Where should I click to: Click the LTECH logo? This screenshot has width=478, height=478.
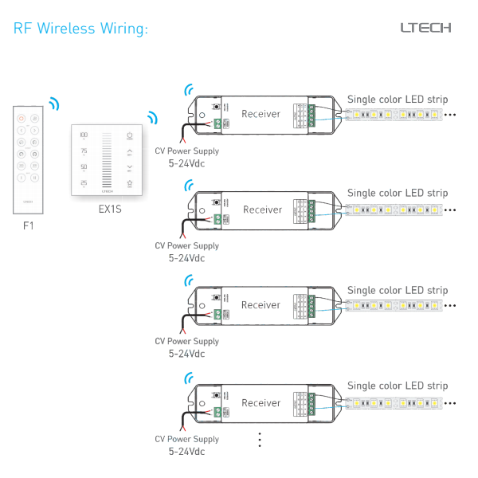425,28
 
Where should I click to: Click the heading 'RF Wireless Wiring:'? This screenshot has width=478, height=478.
80,29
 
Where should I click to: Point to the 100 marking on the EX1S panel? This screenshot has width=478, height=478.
84,135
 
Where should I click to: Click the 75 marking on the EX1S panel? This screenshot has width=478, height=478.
84,151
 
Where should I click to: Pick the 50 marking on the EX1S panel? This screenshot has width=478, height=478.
84,167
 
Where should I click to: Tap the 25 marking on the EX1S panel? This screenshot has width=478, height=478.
84,182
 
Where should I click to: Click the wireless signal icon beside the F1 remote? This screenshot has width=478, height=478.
53,104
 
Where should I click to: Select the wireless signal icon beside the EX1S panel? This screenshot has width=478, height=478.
151,117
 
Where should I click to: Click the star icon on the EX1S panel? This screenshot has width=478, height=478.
129,183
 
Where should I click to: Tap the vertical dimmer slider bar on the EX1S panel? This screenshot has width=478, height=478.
107,159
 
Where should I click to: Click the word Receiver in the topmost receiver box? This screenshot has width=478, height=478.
261,114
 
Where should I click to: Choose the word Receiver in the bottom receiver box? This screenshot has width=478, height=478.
261,403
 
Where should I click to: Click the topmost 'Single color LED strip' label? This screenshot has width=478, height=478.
398,100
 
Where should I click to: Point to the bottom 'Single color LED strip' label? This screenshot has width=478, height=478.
398,386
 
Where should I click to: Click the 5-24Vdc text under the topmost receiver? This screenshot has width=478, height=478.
186,163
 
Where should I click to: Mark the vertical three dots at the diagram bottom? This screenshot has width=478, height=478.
260,440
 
